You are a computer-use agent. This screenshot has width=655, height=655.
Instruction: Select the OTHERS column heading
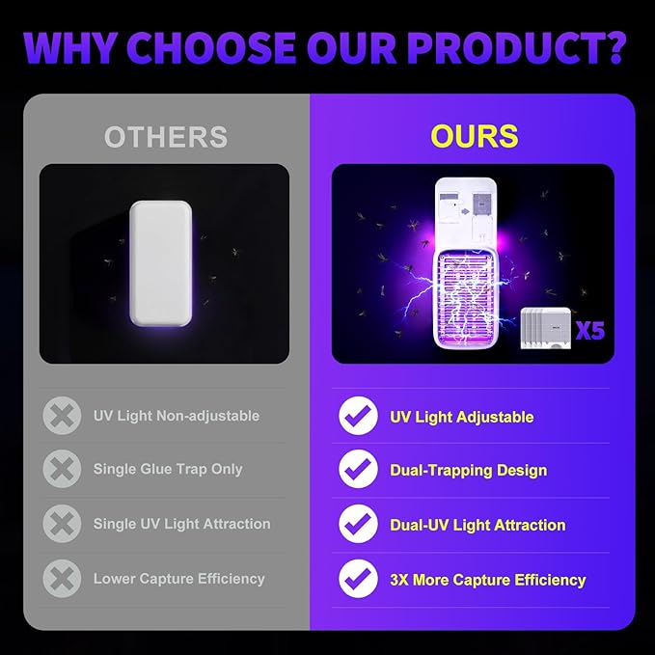click(x=166, y=137)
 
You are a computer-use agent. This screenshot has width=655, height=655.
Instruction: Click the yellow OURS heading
click(x=474, y=136)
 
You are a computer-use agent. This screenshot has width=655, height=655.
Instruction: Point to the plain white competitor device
click(x=161, y=263)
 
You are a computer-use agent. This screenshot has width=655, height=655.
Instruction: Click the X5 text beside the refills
click(x=589, y=331)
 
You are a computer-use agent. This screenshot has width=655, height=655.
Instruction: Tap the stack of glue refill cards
click(x=546, y=328)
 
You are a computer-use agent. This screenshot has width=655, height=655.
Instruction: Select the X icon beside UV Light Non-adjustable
click(x=62, y=416)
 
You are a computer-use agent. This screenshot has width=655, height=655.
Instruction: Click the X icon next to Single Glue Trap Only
click(x=62, y=469)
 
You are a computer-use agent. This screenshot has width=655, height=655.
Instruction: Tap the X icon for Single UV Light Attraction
click(x=62, y=524)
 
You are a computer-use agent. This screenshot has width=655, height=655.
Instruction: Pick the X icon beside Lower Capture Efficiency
click(x=62, y=579)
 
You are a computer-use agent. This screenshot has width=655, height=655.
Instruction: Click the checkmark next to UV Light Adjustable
click(x=358, y=416)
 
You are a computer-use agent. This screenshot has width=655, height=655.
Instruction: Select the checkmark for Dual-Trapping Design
click(x=358, y=469)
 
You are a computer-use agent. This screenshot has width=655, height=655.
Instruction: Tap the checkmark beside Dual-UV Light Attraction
click(x=358, y=524)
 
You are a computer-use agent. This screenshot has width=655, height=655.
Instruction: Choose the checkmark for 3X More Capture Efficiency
click(x=358, y=579)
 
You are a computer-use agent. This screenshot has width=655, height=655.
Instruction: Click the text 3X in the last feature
click(x=399, y=580)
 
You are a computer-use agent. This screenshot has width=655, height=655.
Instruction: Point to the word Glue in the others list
click(x=157, y=469)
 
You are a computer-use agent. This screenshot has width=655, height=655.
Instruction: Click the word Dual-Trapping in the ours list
click(x=441, y=471)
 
